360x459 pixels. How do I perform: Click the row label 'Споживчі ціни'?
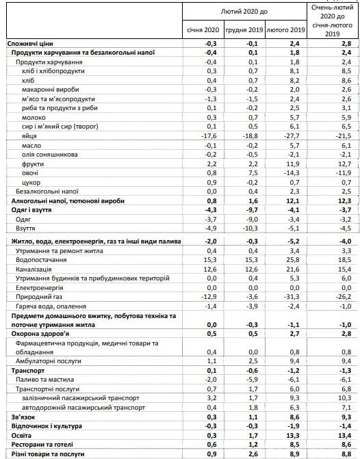(x=27, y=43)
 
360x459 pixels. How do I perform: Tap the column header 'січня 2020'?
(x=203, y=30)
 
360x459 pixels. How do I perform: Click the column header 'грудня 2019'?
(x=244, y=30)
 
